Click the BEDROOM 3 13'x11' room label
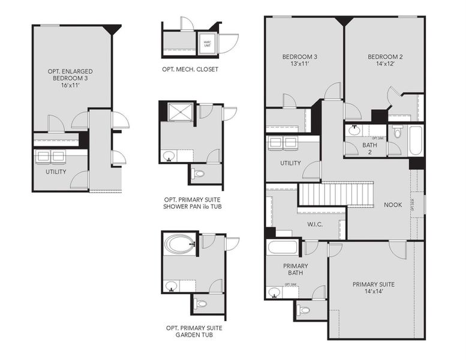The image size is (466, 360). pos(299,61)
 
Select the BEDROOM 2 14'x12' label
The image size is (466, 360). pos(384,61)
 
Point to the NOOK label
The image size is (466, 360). pos(393,205)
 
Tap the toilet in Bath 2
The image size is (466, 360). pos(397,131)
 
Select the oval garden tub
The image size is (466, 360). pos(179,244)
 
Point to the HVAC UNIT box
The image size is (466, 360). pos(207,43)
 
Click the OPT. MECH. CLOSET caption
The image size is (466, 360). pos(190,70)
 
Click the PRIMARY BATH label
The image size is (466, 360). pos(296,269)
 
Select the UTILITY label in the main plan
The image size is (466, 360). pos(290,163)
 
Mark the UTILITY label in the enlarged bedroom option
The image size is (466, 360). pos(56,172)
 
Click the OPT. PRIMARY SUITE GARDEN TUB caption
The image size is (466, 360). pos(193,332)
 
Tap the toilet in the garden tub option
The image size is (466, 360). pos(201,304)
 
